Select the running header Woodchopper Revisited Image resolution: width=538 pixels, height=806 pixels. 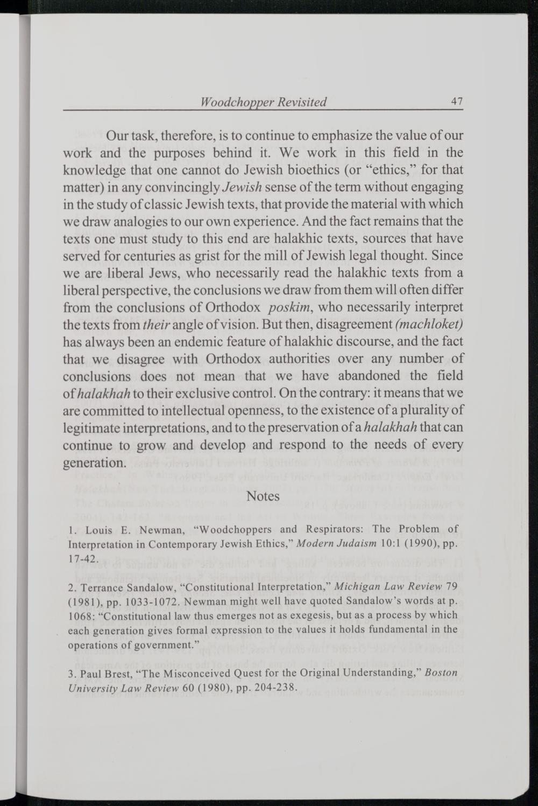click(x=263, y=102)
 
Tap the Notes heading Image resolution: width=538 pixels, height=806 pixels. click(x=263, y=496)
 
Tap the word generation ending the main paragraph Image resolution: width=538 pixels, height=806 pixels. click(x=95, y=462)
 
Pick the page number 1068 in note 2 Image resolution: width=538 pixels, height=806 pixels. click(x=80, y=615)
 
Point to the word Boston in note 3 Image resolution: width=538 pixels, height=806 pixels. click(x=441, y=673)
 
